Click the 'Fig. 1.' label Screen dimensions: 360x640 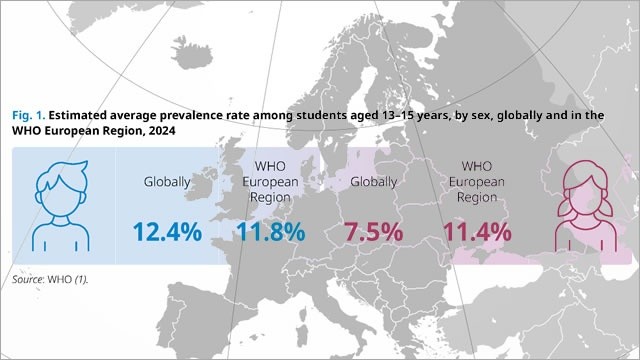[27, 116]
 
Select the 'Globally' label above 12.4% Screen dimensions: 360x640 [166, 182]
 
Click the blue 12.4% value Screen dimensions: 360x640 [166, 232]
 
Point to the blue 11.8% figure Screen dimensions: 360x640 [270, 232]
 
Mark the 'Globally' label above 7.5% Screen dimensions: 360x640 [373, 182]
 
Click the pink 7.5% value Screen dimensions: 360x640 [373, 232]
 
